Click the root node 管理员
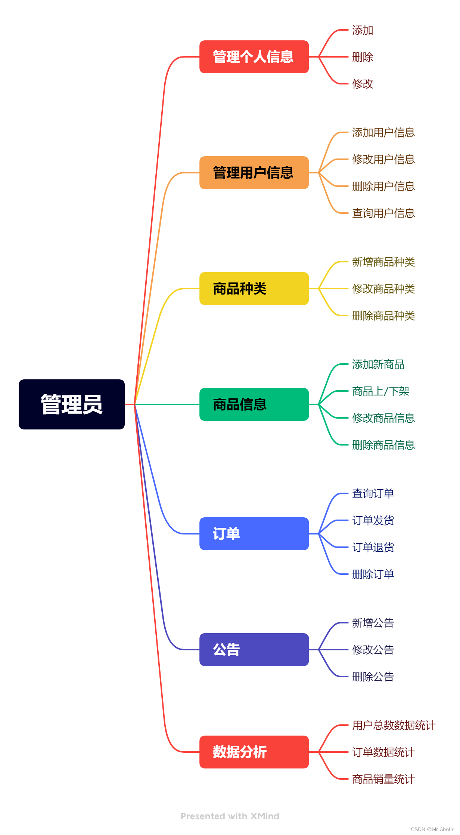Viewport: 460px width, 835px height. click(x=72, y=404)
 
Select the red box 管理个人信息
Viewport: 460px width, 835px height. click(x=254, y=57)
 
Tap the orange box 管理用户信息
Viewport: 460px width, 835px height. click(x=254, y=173)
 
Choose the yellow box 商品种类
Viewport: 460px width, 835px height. click(x=254, y=289)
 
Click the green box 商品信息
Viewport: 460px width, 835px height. click(x=254, y=404)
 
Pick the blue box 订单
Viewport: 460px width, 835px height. click(x=254, y=534)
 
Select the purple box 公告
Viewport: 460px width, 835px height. click(x=254, y=650)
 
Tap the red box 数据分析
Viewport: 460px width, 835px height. click(x=254, y=752)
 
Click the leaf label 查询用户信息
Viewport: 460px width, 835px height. click(x=383, y=213)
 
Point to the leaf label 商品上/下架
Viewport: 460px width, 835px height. click(x=380, y=391)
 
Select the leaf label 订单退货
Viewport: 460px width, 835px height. click(x=373, y=547)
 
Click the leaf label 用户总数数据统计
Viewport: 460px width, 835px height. click(x=394, y=725)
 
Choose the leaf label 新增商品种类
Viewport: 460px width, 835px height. click(x=383, y=262)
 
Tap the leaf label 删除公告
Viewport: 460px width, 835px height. click(x=373, y=677)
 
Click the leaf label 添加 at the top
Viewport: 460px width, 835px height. click(x=363, y=30)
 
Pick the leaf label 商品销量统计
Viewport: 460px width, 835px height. click(x=383, y=779)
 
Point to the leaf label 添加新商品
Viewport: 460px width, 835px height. click(x=378, y=364)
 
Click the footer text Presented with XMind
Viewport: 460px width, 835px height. click(x=230, y=816)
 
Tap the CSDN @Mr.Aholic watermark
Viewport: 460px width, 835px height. click(x=432, y=829)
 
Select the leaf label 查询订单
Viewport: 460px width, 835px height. click(x=373, y=493)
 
